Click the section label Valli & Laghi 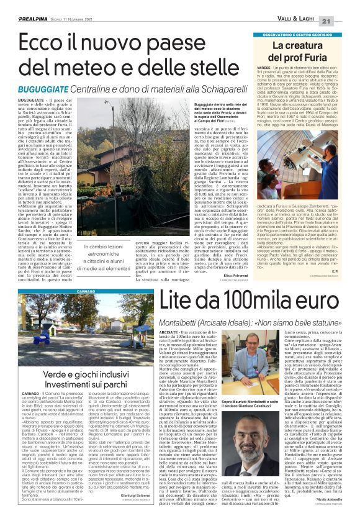pyautogui.click(x=315, y=22)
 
